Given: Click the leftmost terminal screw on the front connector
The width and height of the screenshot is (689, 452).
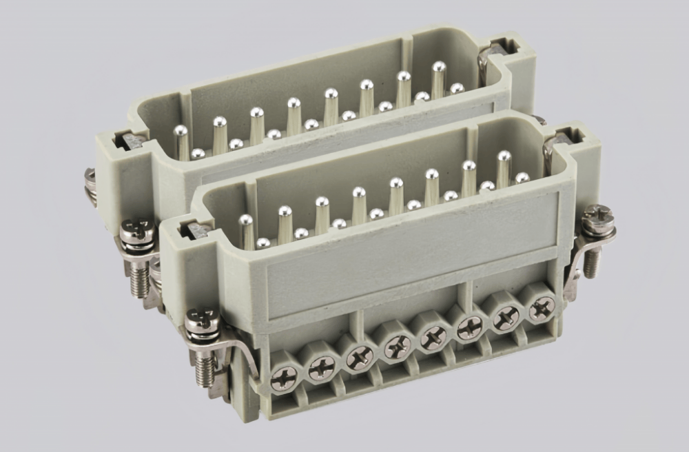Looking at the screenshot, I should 284,376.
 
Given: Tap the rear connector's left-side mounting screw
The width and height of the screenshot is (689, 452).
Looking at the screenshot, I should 90,181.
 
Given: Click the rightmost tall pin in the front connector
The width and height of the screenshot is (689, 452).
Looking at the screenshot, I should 504,165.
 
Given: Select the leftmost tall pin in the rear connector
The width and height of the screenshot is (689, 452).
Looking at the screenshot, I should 181,141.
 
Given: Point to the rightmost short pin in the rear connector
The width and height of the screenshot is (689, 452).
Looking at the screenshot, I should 456,88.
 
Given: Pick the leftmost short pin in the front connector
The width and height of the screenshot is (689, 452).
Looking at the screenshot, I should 263,243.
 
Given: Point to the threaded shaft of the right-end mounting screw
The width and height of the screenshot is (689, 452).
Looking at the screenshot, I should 590,261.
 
